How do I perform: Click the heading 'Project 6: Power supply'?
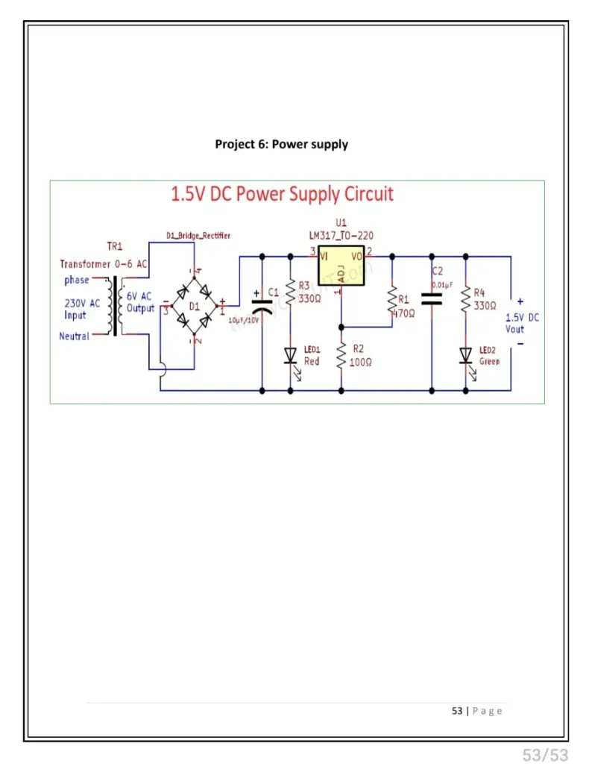click(281, 144)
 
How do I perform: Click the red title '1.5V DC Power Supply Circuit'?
click(282, 195)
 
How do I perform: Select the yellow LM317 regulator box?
click(341, 265)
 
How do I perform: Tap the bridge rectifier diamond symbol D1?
click(194, 304)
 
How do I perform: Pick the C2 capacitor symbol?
click(432, 299)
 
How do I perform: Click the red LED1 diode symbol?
click(291, 355)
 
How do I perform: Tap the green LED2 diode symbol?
click(466, 355)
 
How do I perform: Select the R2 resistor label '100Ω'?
click(361, 362)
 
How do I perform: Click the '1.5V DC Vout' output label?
click(522, 323)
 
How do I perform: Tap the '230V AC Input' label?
click(81, 309)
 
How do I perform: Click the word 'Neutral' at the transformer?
click(75, 336)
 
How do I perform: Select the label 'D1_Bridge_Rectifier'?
click(198, 236)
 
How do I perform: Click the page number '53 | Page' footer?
click(477, 711)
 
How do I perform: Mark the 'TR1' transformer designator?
click(116, 247)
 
